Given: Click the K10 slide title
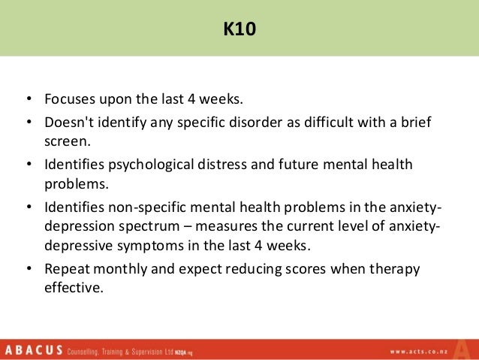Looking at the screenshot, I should pos(239,29).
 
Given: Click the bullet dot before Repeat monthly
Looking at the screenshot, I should pos(28,268).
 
